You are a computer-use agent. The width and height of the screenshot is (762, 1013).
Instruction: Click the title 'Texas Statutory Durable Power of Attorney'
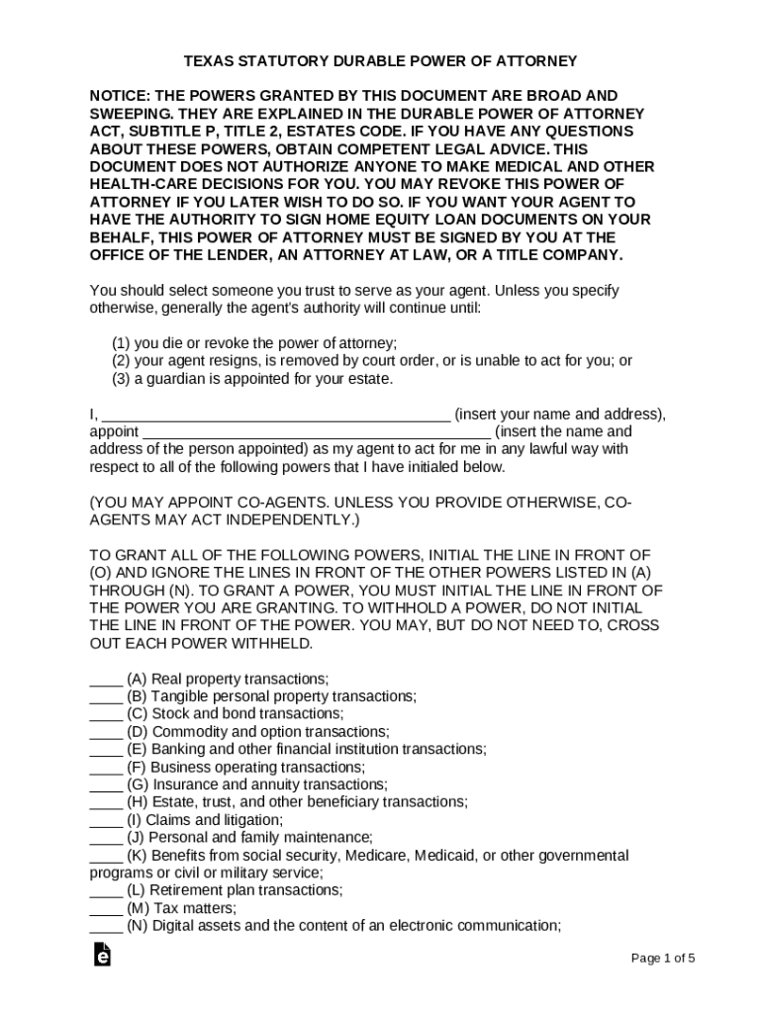coord(381,61)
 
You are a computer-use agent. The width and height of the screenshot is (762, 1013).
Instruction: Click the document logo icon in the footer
coord(101,955)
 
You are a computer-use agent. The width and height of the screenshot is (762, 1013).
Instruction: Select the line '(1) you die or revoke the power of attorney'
coord(254,343)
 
